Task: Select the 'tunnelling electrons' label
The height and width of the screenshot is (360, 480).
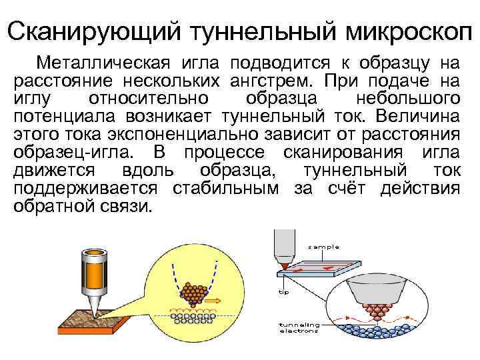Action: [x=299, y=327]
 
